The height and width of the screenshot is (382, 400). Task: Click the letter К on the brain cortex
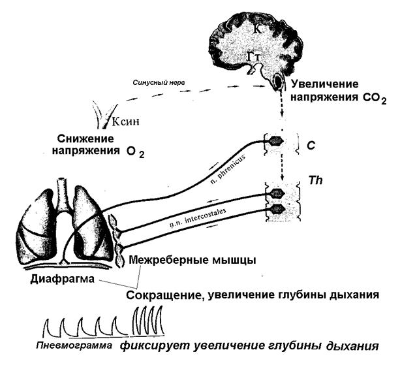[x=258, y=29]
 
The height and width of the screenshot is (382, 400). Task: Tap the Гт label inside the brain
[x=254, y=56]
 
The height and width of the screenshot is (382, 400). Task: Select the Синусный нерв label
[x=159, y=82]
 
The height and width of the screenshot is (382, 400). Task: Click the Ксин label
[x=126, y=121]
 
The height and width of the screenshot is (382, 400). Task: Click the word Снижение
[x=85, y=139]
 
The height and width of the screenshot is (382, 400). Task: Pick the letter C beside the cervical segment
[x=311, y=146]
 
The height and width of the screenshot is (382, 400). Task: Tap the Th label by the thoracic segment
[x=316, y=180]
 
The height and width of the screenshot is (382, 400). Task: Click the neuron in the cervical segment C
[x=276, y=140]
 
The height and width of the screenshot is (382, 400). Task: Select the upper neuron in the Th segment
[x=277, y=193]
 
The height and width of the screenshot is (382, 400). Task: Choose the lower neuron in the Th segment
[x=278, y=209]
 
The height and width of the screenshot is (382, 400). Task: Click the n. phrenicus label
[x=228, y=169]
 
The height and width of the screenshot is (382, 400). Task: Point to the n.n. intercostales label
[x=198, y=218]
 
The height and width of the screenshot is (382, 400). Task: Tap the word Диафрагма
[x=62, y=279]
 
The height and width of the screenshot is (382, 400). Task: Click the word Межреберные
[x=169, y=260]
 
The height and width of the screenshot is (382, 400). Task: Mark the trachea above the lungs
[x=62, y=193]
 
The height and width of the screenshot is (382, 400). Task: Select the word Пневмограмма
[x=74, y=345]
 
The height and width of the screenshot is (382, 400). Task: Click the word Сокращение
[x=165, y=295]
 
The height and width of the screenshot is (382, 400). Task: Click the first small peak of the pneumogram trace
[x=46, y=321]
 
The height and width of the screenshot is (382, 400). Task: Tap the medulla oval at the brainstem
[x=278, y=81]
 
